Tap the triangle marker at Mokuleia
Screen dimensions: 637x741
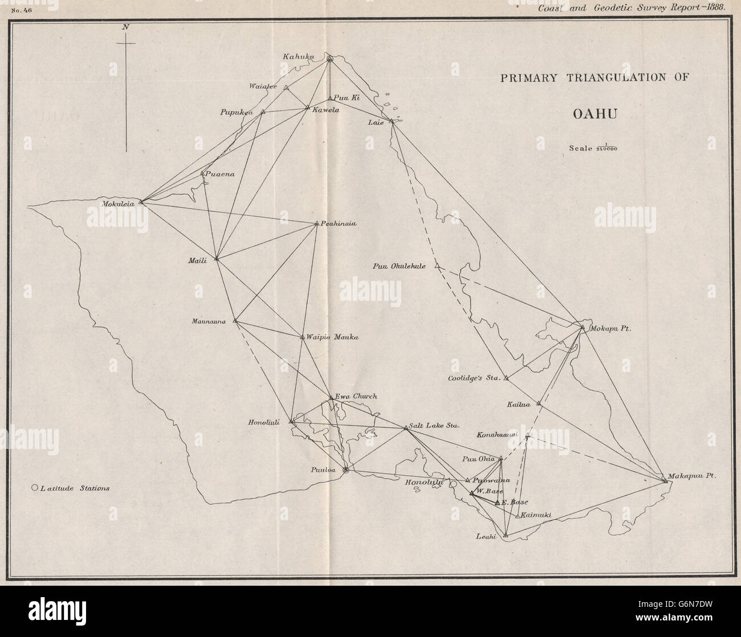pos(141,201)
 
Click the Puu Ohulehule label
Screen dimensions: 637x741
pos(400,266)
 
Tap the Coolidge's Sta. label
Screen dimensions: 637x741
pos(473,378)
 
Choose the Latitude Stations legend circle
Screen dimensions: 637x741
pos(35,488)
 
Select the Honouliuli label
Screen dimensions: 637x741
pos(264,422)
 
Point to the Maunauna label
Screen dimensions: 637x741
pos(209,321)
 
